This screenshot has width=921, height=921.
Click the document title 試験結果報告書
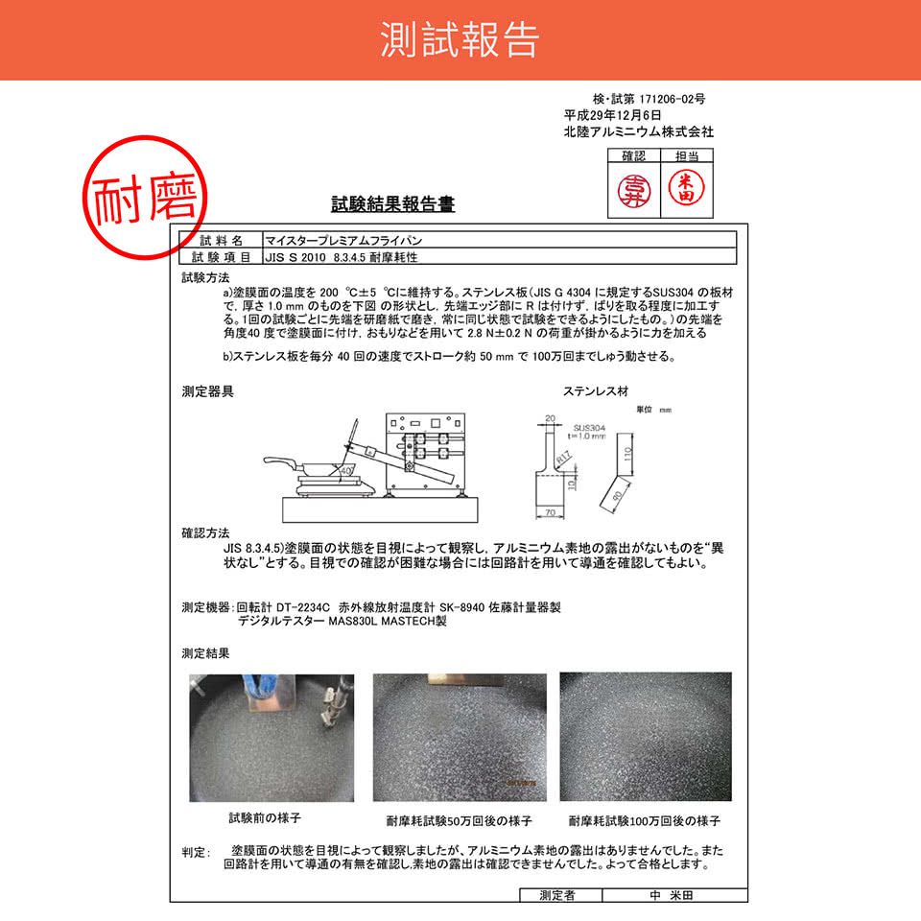tap(392, 204)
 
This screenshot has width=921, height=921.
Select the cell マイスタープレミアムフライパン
tap(336, 241)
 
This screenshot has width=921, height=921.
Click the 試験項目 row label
tap(222, 257)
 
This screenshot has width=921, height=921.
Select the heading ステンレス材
tap(594, 391)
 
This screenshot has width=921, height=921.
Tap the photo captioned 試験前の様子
tap(272, 737)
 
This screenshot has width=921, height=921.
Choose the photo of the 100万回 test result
tap(645, 737)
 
